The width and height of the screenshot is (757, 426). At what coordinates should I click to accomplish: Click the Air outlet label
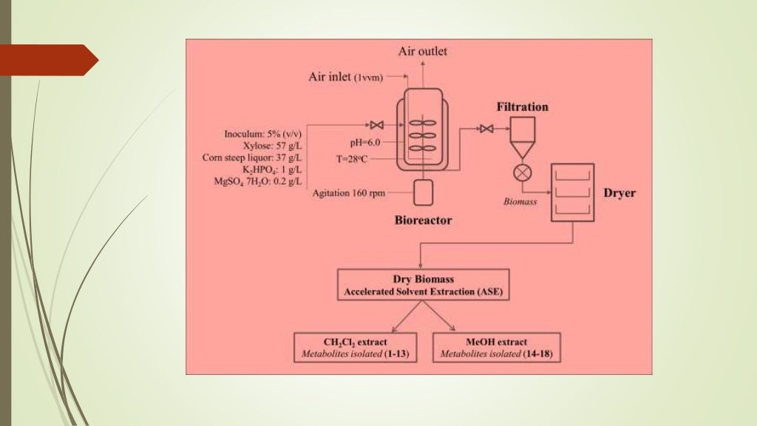click(x=423, y=51)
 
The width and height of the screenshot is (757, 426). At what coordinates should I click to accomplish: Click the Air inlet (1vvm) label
click(x=345, y=77)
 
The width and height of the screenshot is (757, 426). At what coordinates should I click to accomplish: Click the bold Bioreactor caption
click(x=423, y=220)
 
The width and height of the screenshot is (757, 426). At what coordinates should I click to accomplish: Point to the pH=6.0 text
click(x=364, y=142)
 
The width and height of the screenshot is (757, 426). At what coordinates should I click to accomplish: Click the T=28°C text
click(x=364, y=158)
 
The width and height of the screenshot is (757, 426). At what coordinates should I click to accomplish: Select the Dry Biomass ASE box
click(x=423, y=285)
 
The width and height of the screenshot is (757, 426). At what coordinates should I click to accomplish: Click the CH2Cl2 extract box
click(x=356, y=348)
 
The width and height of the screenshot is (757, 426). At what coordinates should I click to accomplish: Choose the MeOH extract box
click(x=495, y=348)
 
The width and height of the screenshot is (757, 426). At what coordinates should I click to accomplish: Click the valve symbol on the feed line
click(x=376, y=124)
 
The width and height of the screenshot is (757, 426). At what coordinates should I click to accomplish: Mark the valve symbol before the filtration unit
click(x=486, y=129)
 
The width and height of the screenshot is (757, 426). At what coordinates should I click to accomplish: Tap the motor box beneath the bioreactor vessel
click(x=423, y=192)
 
